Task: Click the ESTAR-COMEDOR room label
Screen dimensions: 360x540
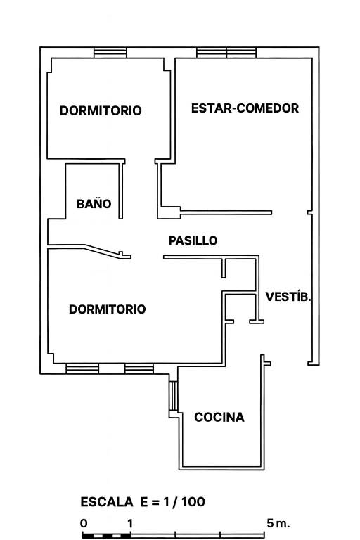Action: point(245,108)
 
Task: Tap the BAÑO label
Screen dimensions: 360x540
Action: point(94,203)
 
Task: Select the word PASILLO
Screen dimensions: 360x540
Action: point(193,240)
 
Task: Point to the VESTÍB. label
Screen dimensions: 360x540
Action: point(288,296)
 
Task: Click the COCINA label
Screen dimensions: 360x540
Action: point(219,417)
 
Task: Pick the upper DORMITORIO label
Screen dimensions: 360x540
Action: point(101,110)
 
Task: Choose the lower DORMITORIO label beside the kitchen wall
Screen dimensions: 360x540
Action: point(107,309)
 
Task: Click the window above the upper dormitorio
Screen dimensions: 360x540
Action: point(110,53)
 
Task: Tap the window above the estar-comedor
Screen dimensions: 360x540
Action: point(226,53)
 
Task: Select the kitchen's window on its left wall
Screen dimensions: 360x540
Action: point(173,395)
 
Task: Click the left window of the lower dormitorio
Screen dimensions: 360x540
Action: point(82,368)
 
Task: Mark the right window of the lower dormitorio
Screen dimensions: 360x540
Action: point(139,368)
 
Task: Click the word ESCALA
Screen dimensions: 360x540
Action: point(107,502)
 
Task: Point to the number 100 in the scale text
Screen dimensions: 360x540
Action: point(193,502)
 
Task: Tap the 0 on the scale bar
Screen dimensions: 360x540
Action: point(84,523)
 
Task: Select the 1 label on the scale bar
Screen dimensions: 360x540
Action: point(130,523)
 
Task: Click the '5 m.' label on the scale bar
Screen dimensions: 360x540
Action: point(278,523)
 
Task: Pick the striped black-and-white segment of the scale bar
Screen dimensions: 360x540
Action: point(107,536)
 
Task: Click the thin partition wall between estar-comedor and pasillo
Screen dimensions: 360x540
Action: point(226,212)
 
